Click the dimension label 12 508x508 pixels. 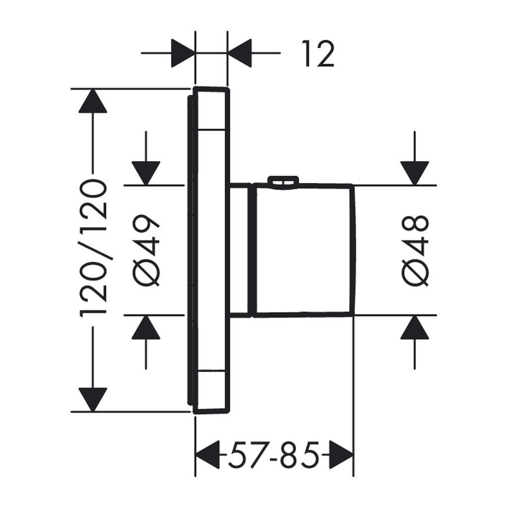[318, 54]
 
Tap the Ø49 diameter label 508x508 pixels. [146, 250]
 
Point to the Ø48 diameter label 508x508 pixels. [415, 250]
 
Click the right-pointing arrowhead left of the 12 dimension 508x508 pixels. [183, 53]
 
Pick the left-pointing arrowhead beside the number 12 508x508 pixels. [240, 53]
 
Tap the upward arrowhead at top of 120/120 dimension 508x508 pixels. [93, 100]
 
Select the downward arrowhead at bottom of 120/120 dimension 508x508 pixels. [93, 400]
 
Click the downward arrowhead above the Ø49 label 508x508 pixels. [146, 173]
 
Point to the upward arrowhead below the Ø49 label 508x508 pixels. [146, 327]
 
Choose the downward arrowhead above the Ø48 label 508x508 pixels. [415, 173]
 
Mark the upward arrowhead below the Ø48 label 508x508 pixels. [415, 327]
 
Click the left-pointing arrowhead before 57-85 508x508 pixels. [207, 454]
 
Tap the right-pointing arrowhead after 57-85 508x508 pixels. [341, 454]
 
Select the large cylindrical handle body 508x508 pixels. [304, 250]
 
